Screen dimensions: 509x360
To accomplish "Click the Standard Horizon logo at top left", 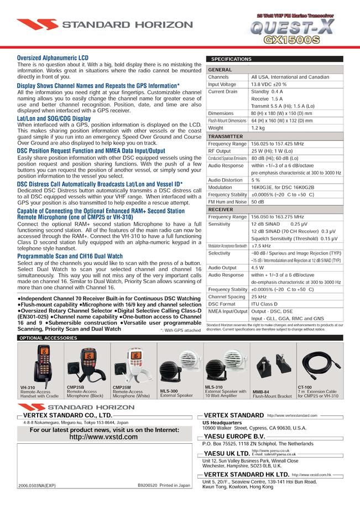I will pos(86,25).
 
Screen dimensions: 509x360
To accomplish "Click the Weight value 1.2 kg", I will pos(258,128).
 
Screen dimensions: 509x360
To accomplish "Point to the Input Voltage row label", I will pos(222,85).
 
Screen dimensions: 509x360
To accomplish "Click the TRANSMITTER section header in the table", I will pos(225,136).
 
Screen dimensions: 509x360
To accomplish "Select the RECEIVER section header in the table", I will pos(221,210).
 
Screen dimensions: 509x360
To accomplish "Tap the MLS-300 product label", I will pos(169,391).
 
